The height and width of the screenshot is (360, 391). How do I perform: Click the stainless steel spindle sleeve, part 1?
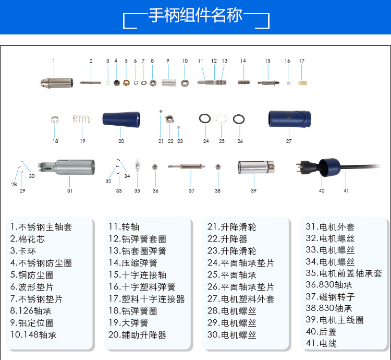55,82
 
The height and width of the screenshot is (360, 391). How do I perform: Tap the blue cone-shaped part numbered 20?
121,119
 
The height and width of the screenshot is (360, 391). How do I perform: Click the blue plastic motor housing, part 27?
289,119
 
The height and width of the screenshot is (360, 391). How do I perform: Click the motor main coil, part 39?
256,167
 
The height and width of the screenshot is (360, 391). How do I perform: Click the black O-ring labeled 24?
205,119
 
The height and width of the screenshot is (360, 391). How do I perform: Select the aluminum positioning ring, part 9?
168,82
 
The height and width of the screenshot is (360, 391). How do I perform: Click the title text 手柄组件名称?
195,16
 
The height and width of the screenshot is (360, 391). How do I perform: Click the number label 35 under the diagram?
137,191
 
